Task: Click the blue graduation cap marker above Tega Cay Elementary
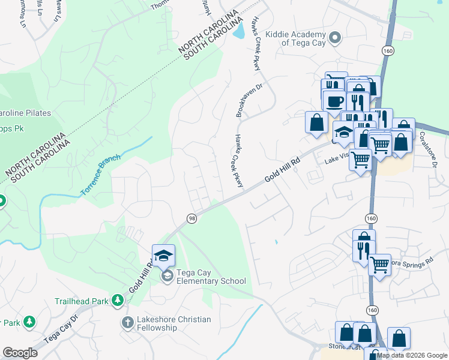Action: (163, 256)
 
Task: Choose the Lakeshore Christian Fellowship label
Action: (173, 323)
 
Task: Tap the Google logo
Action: (20, 353)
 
